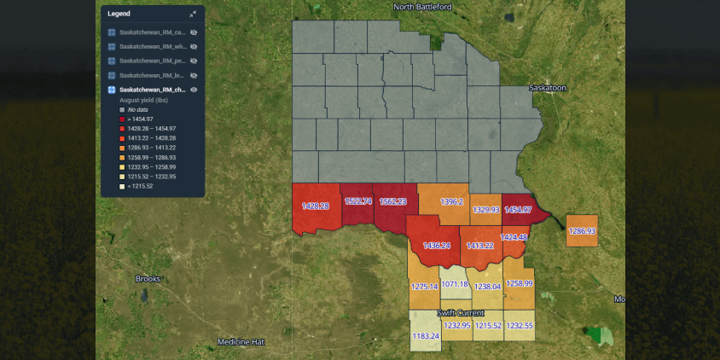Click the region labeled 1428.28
click(316, 206)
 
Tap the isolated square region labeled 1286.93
click(582, 231)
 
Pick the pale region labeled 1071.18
click(454, 283)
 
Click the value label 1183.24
click(426, 336)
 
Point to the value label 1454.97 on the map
click(518, 210)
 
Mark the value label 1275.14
click(424, 287)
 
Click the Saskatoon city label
click(547, 88)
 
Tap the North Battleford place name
click(422, 7)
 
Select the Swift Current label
click(461, 314)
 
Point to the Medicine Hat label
click(241, 342)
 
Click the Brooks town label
click(148, 279)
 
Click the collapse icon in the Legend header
click(194, 14)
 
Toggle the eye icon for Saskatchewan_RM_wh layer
click(194, 46)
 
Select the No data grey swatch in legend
click(122, 110)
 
